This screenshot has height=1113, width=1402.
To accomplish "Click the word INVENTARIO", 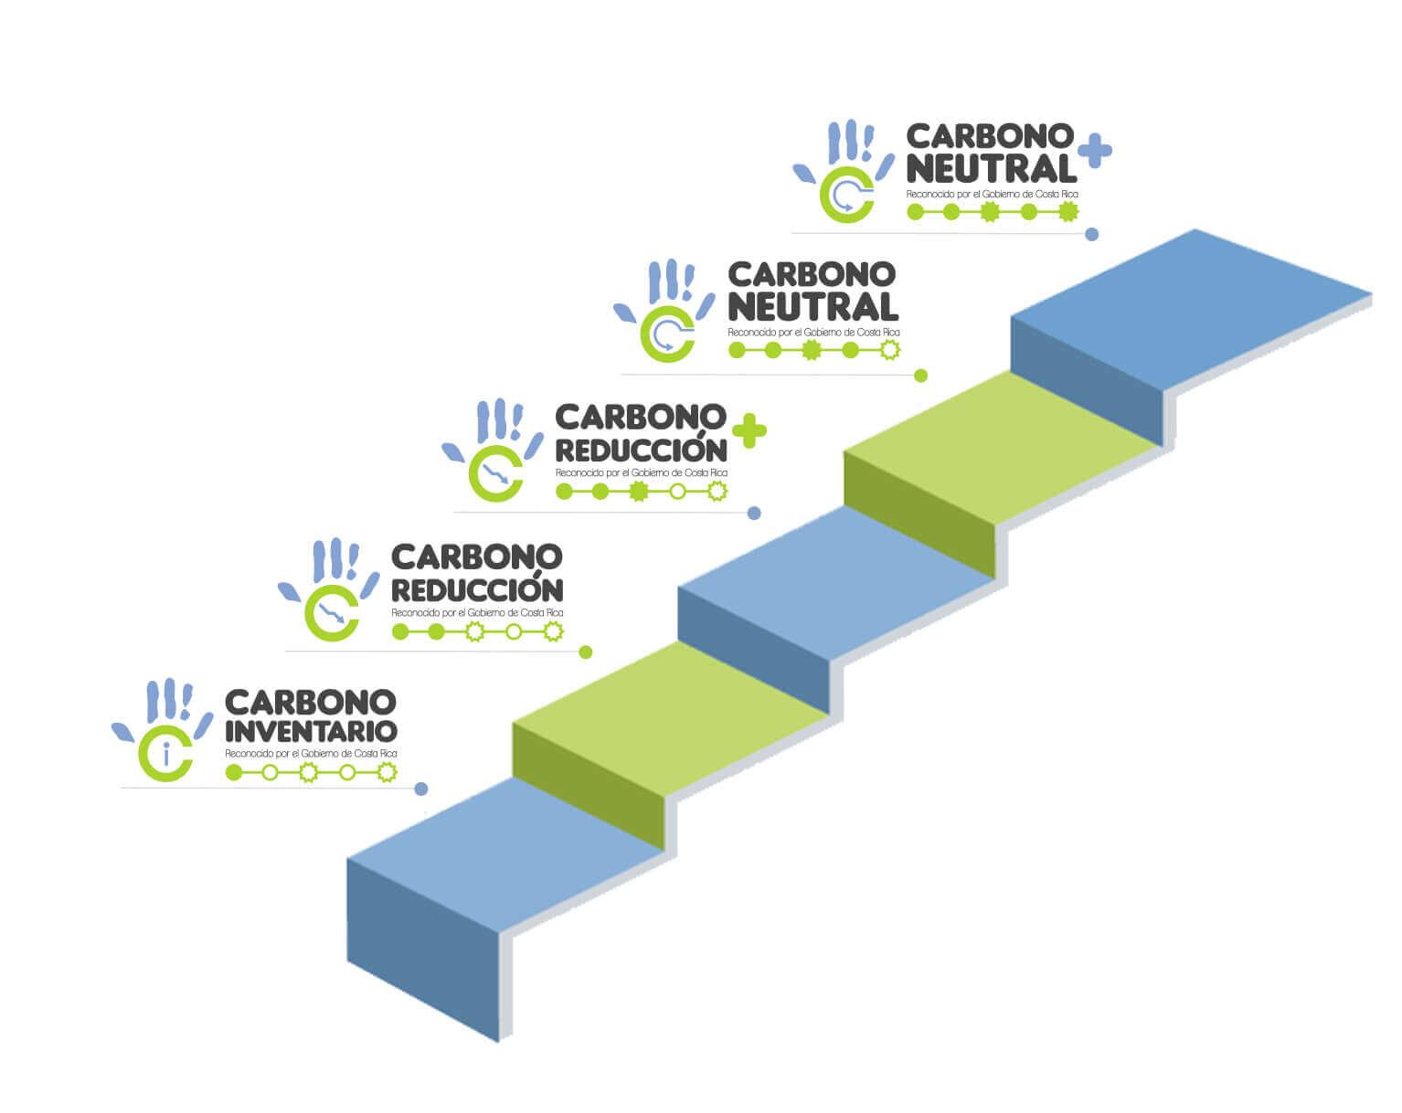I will coord(311,731).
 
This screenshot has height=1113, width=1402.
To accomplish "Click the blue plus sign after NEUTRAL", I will coord(1094,153).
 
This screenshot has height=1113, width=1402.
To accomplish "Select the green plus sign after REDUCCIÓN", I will coord(749,430).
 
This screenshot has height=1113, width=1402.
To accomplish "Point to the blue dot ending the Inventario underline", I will coord(421,789).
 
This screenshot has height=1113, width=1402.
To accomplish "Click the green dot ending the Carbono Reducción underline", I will coord(586,652).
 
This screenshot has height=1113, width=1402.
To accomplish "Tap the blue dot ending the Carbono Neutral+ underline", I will coord(1091,234).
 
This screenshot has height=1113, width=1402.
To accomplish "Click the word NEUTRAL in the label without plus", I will coord(813,306).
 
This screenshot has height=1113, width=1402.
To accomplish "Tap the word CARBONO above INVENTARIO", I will coord(311,702).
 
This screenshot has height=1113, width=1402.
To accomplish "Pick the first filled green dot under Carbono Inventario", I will coord(234,772).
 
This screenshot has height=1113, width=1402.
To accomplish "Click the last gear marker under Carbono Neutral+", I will coord(1067,212).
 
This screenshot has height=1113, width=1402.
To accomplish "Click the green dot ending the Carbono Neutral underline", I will coord(920,376).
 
